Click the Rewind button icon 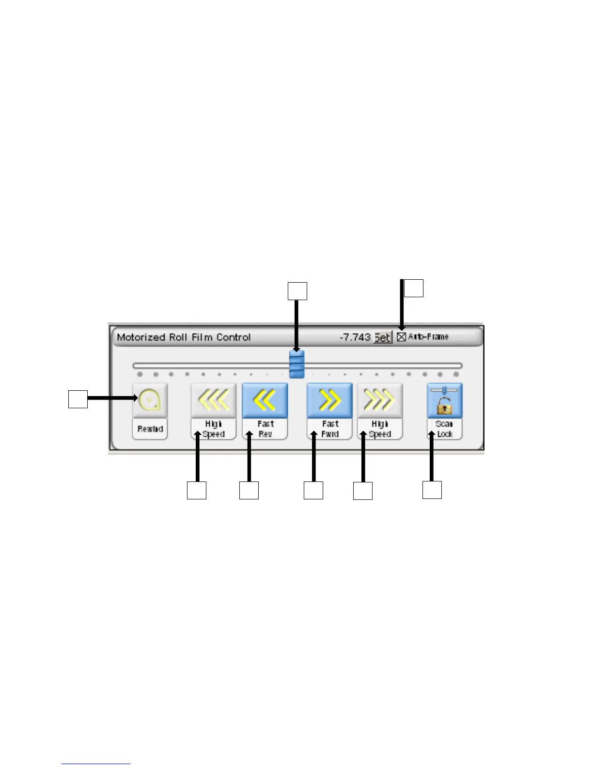tap(150, 400)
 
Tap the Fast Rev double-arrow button tap(265, 400)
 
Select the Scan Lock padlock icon tap(444, 400)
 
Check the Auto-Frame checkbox tap(401, 337)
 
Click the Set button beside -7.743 tap(382, 337)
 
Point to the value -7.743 tap(355, 337)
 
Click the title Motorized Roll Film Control tap(184, 337)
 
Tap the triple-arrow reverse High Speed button tap(213, 400)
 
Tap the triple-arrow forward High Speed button tap(380, 400)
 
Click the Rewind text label tap(150, 429)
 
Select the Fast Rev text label tap(265, 429)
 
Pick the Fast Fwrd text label tap(329, 429)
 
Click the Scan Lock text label tap(444, 429)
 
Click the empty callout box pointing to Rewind tap(78, 399)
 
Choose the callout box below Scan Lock tap(432, 490)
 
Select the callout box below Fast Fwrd tap(313, 490)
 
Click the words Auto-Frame tap(428, 337)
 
